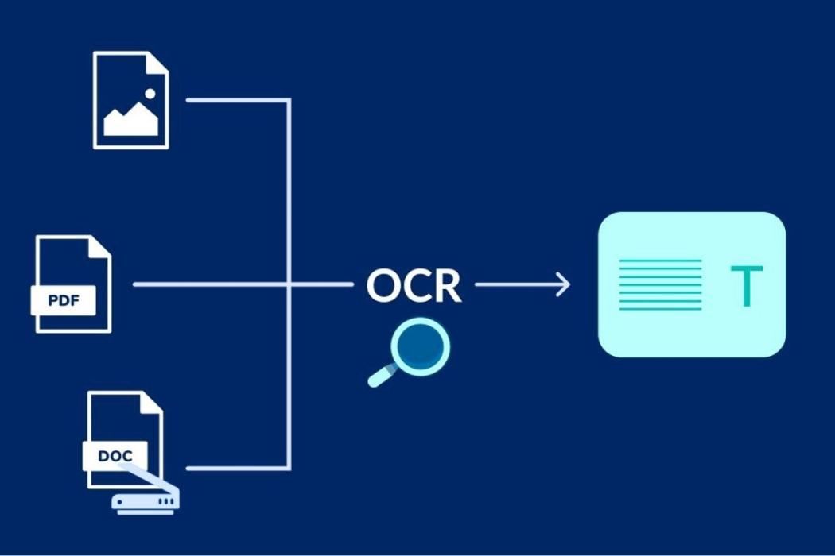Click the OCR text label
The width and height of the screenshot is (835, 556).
coord(414,285)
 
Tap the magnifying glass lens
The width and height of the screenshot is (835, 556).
coord(421,346)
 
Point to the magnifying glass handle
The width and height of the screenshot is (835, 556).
coord(383,374)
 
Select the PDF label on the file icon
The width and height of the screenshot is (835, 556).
coord(63,300)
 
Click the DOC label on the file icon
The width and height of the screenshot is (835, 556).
coord(115,456)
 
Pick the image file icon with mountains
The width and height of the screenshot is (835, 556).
coord(131,100)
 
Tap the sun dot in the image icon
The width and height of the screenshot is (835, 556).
coord(150,94)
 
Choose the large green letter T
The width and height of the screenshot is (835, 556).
coord(746,287)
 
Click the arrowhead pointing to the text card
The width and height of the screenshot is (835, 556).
coord(563,284)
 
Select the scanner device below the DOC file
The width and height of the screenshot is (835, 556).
coord(148,501)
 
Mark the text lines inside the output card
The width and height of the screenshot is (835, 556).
coord(660,284)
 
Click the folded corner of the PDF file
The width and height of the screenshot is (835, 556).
coord(100,246)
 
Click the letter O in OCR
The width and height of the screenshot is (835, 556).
coord(383,285)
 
